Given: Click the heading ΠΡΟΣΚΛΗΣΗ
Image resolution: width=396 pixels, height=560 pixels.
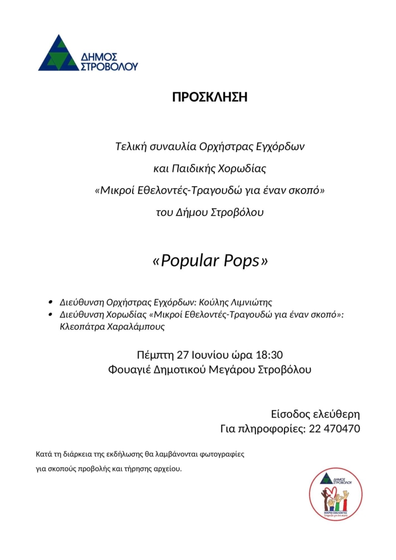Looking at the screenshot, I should tap(209, 97).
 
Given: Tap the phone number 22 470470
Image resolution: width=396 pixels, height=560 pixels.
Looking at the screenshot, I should tap(334, 428).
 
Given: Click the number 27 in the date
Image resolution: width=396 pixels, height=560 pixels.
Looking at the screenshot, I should tap(184, 356).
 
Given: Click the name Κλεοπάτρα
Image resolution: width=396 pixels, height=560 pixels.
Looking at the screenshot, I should tap(81, 327).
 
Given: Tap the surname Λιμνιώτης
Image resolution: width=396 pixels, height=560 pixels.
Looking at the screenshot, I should tap(253, 302).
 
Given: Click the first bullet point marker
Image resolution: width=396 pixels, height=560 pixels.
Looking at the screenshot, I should tap(50, 302).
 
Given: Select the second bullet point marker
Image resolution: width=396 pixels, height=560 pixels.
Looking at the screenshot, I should tap(50, 315).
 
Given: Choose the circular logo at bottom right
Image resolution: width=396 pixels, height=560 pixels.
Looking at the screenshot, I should tap(336, 494).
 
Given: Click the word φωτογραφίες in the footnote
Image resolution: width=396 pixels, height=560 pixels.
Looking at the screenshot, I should tap(222, 453).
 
